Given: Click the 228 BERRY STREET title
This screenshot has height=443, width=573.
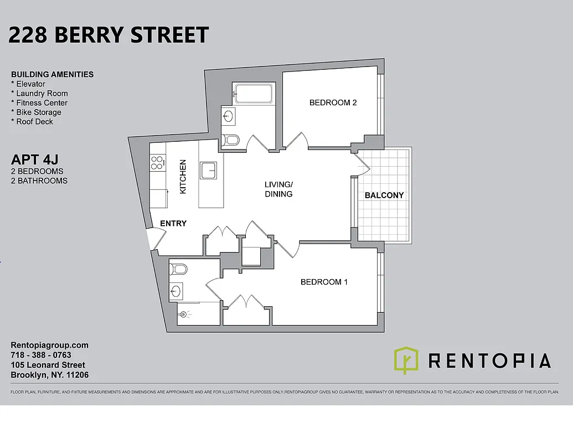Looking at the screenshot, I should pyautogui.click(x=109, y=35).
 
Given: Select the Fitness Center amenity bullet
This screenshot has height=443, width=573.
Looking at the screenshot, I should pyautogui.click(x=39, y=102).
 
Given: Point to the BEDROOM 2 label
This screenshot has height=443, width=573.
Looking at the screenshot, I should pyautogui.click(x=333, y=102).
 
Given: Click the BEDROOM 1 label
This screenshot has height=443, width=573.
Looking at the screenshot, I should pyautogui.click(x=324, y=282).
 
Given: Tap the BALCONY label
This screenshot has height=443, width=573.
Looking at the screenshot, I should pyautogui.click(x=384, y=195).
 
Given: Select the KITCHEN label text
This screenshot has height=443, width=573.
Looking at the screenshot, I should pyautogui.click(x=183, y=177).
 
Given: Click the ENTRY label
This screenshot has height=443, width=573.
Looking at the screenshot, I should pyautogui.click(x=173, y=223).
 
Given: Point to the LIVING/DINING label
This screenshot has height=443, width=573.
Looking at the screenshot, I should pyautogui.click(x=278, y=189).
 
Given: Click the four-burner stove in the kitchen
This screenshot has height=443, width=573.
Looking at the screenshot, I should pyautogui.click(x=157, y=162).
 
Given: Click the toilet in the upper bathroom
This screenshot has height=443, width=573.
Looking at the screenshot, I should pyautogui.click(x=230, y=140).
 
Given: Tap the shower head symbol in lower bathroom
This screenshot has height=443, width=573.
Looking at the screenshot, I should pyautogui.click(x=184, y=314).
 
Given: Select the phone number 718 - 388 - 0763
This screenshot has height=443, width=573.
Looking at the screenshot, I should pyautogui.click(x=41, y=355).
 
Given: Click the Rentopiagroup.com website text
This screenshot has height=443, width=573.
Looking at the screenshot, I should pyautogui.click(x=50, y=345).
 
